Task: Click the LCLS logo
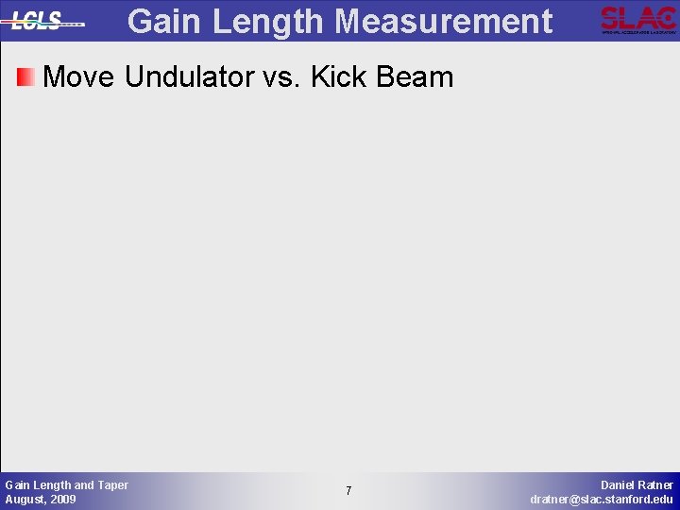42,21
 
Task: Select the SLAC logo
637,19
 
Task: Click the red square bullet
25,77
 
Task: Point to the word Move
80,77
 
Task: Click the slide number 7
348,491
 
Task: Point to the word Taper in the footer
112,484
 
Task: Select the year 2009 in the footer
62,499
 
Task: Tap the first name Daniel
619,484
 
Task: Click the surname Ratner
656,484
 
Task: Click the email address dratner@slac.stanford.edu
602,499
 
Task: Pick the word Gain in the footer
18,484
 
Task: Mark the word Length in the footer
52,484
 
